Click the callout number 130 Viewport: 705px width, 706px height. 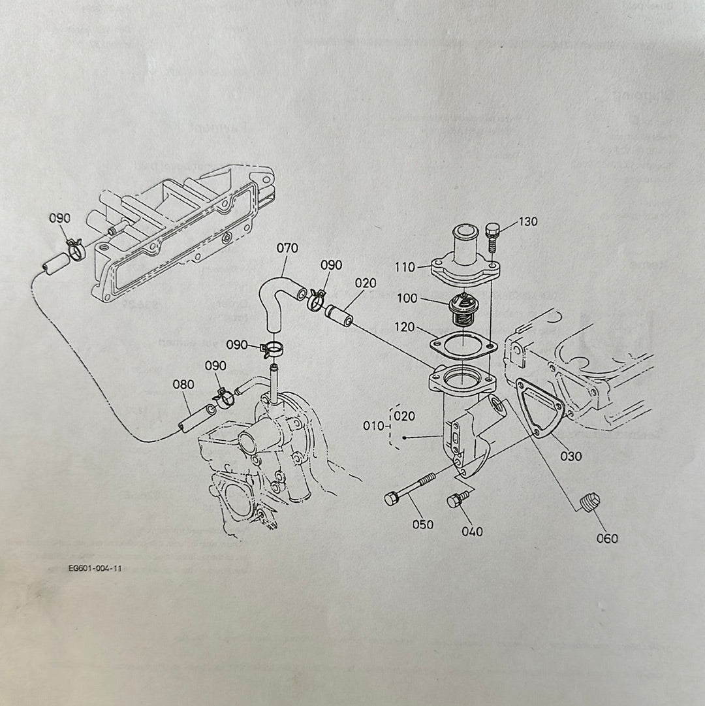(x=528, y=222)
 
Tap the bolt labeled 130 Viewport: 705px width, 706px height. (x=493, y=236)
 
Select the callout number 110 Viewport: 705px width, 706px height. (x=405, y=267)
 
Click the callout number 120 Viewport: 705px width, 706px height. (x=405, y=327)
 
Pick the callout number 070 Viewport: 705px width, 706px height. (x=287, y=248)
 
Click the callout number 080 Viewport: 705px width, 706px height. (x=183, y=385)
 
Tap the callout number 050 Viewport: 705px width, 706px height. (x=423, y=524)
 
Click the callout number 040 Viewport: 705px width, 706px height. (x=472, y=532)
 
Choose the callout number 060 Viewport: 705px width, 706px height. (x=606, y=539)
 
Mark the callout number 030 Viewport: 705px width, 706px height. (x=571, y=456)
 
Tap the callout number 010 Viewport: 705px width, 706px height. (x=373, y=426)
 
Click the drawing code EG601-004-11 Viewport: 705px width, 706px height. (x=95, y=568)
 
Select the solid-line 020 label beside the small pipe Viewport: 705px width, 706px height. (x=366, y=283)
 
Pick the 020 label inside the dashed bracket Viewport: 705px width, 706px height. (x=405, y=416)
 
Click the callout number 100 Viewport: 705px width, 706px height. (x=407, y=298)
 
